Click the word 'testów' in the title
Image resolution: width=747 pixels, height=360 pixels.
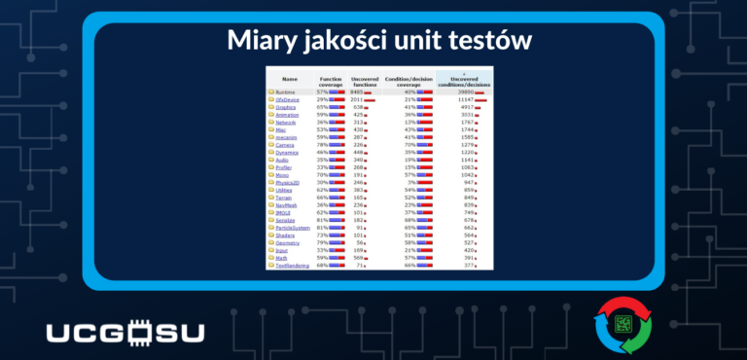click(485, 41)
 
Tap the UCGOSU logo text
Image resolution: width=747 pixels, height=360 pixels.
click(125, 332)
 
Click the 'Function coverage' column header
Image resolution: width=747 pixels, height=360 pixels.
click(331, 80)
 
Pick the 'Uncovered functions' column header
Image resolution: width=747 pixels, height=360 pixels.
click(366, 80)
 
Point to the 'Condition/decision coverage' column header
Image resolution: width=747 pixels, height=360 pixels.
click(409, 80)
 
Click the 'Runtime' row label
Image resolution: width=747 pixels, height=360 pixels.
click(285, 91)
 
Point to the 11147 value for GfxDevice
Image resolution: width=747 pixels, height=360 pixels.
click(464, 99)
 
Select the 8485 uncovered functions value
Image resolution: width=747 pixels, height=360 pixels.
click(357, 91)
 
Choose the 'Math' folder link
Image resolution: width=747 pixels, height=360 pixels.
click(282, 257)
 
